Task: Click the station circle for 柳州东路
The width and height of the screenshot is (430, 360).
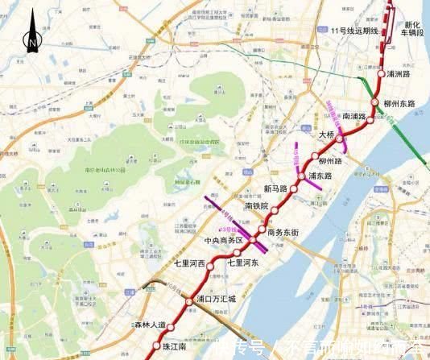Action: tap(375, 101)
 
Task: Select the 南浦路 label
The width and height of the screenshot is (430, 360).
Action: tap(354, 116)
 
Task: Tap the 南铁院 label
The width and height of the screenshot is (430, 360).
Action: tap(257, 207)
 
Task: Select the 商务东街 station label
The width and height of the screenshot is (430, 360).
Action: tap(283, 232)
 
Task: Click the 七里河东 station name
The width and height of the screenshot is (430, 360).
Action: tap(245, 262)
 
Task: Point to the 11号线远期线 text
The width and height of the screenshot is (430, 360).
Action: tap(354, 30)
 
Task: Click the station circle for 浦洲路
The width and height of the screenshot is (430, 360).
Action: tap(381, 73)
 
